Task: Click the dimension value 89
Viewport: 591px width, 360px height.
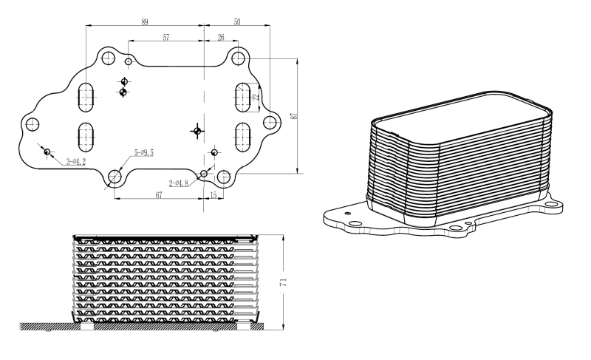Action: tap(144, 22)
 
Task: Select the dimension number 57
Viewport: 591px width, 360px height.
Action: tap(166, 37)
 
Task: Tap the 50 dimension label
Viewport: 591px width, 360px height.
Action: tap(237, 22)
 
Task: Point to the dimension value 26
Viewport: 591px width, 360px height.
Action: tap(222, 37)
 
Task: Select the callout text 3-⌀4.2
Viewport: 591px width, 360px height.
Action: tap(76, 160)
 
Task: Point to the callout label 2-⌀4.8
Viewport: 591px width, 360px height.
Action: tap(179, 182)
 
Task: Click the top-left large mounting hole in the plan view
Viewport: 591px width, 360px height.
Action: tap(108, 58)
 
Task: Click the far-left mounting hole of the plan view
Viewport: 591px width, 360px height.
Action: tap(33, 124)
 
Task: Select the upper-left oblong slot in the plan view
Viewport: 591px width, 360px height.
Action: tap(87, 95)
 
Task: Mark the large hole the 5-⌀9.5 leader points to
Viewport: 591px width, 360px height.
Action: tap(116, 177)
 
